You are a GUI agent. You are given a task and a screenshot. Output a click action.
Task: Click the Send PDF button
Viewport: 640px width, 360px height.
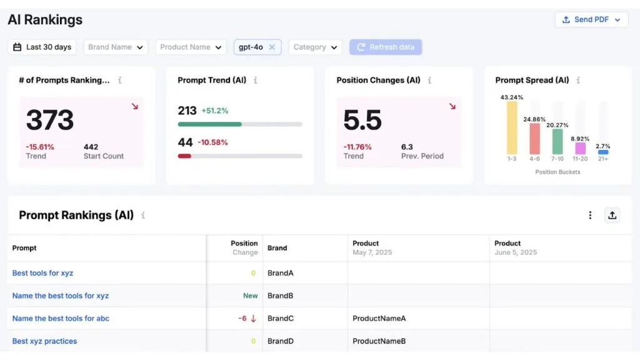(591, 19)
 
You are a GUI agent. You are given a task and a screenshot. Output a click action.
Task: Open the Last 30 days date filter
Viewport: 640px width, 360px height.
(42, 47)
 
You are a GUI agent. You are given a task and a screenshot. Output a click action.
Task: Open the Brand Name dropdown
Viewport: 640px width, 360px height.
(116, 47)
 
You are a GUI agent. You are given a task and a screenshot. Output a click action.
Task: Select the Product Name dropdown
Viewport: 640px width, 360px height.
(191, 47)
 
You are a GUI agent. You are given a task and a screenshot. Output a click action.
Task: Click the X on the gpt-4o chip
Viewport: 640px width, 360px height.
(272, 47)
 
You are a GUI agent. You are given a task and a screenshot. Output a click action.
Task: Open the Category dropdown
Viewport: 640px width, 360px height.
(315, 47)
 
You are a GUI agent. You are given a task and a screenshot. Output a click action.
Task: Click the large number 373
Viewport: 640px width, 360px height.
(50, 120)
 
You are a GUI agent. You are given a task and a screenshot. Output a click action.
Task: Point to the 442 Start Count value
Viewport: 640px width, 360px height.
(91, 147)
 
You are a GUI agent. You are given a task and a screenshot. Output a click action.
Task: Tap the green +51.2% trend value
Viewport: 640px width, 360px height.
(215, 111)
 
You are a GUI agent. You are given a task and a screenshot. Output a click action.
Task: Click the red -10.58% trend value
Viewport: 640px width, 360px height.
(212, 142)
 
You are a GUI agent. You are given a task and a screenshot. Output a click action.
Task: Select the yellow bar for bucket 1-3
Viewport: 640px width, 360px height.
(512, 127)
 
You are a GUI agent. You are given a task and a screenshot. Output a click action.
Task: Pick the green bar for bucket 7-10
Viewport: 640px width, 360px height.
(557, 142)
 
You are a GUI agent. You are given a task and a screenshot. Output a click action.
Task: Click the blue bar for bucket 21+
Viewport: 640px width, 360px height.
(603, 152)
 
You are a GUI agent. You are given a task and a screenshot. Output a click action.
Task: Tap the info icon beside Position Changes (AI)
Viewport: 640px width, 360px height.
(429, 80)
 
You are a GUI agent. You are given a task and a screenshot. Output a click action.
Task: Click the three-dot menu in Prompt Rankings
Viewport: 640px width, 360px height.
(590, 215)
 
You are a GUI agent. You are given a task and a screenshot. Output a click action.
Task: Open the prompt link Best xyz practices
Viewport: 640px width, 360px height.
(44, 341)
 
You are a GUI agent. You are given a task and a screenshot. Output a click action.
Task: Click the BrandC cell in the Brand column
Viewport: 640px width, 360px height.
(281, 318)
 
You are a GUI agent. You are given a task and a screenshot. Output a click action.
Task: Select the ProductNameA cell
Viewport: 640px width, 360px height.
(379, 318)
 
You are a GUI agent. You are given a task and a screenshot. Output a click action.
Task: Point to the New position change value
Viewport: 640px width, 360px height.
(250, 296)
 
